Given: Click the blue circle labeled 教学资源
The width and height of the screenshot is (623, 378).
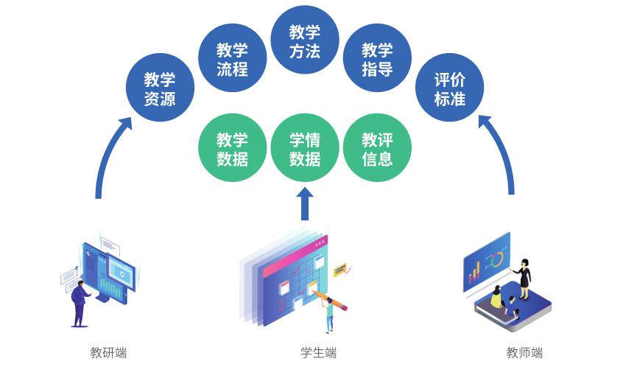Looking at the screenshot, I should [160, 88].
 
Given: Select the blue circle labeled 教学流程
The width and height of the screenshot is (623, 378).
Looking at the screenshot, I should [232, 59].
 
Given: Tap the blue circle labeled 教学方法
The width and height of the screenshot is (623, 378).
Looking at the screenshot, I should [304, 41].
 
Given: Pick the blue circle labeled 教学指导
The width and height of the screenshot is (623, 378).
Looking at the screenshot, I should [377, 59].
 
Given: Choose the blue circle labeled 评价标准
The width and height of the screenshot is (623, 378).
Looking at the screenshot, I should [449, 88].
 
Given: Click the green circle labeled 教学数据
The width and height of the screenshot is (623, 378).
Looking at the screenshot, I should [232, 148].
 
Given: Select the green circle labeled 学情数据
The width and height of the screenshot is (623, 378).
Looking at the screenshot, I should [304, 148].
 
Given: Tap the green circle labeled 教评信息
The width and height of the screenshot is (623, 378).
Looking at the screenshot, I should [377, 148].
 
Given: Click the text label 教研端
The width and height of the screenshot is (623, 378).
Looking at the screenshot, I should [108, 353].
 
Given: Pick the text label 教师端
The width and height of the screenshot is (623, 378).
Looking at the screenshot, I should [524, 353].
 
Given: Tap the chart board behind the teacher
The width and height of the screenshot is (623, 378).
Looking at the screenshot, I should [486, 262].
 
